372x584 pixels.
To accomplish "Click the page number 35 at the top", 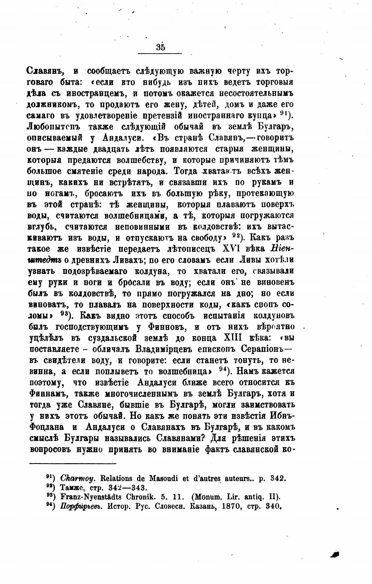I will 160,47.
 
